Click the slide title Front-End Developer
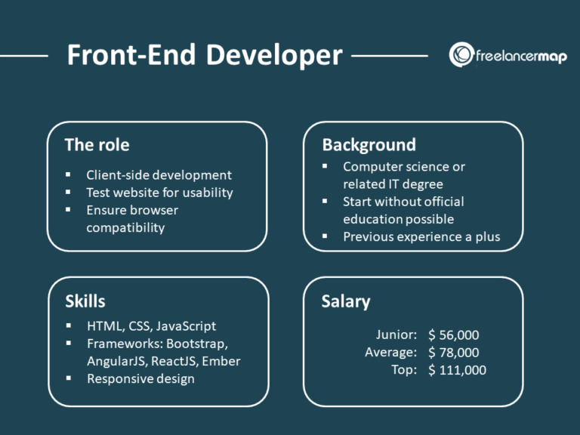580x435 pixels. pos(204,55)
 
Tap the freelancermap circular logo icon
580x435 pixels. pos(461,54)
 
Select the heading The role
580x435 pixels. pos(97,145)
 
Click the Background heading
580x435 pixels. pos(369,144)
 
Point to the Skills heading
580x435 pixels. pos(85,301)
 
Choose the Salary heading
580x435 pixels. pos(346,301)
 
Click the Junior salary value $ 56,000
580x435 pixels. pos(453,335)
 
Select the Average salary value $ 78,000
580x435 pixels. pos(453,353)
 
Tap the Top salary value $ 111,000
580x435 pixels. pos(457,370)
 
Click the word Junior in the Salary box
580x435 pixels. pos(396,335)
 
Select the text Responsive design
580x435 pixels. pos(140,378)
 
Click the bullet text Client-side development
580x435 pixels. pos(159,175)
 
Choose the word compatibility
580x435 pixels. pos(125,227)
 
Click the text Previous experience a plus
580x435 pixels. pos(421,236)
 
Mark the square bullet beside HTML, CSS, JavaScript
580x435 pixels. pos(69,326)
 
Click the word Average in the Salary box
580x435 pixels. pos(390,353)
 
